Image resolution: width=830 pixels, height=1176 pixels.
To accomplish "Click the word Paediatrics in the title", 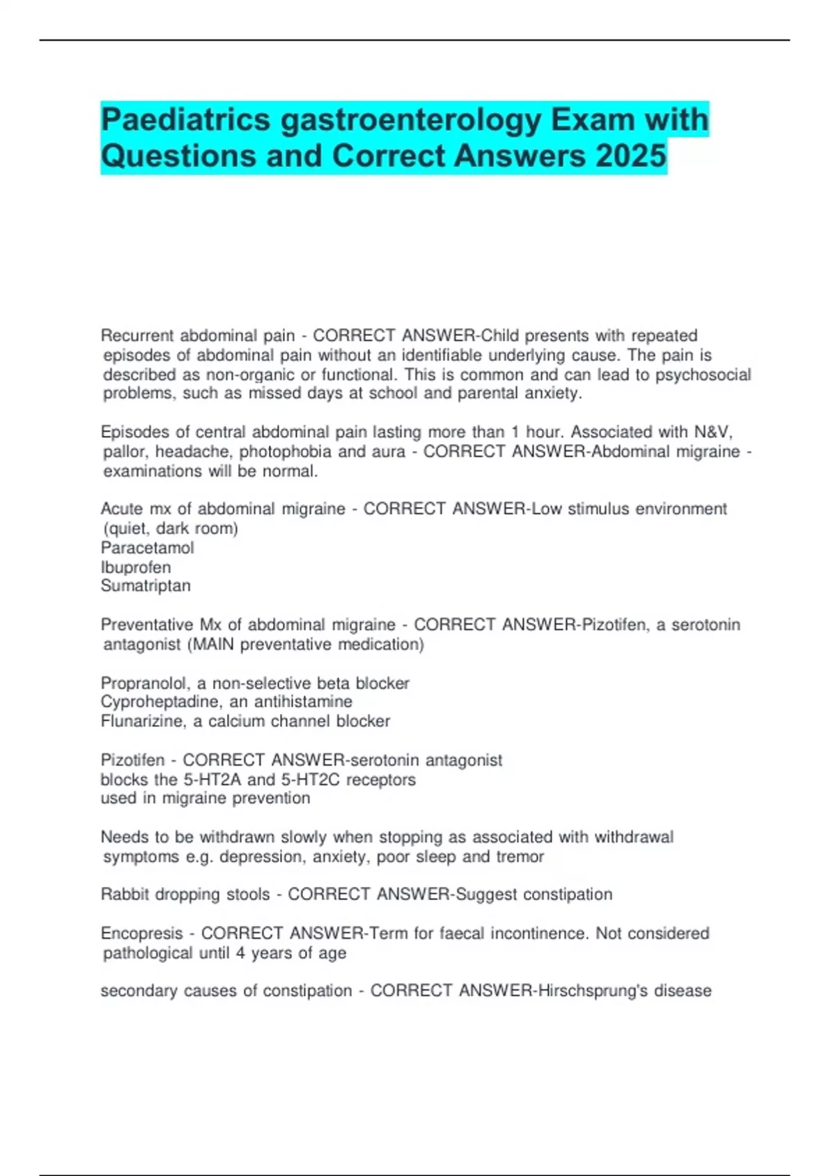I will click(185, 120).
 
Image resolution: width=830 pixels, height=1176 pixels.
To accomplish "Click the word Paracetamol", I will click(147, 548).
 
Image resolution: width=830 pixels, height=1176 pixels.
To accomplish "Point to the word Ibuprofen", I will click(136, 567).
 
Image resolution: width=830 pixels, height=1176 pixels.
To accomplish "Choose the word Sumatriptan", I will click(145, 586).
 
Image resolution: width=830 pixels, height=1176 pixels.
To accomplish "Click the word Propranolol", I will click(146, 683).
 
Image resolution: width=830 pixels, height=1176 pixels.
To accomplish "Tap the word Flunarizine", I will click(142, 722).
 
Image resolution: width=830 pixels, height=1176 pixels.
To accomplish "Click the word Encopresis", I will click(142, 933).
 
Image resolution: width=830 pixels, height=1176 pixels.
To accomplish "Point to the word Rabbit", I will click(124, 894).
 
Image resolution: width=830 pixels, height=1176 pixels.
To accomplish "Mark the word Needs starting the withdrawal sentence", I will click(122, 837).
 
